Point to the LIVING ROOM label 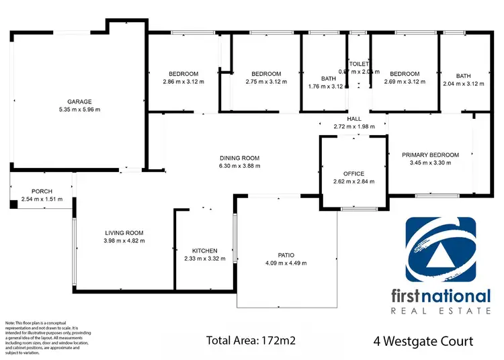pos(124,232)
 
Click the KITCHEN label pos(204,251)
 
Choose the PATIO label pos(286,255)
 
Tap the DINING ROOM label pos(239,159)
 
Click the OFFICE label pos(353,173)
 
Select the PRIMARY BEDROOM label pos(430,155)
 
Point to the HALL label pos(353,118)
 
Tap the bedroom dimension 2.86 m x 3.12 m pos(183,82)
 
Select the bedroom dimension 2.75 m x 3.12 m pos(265,82)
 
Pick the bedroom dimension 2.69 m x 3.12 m pos(405,82)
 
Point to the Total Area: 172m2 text pos(250,341)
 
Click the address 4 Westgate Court pos(423,341)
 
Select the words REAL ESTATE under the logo pos(441,310)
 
